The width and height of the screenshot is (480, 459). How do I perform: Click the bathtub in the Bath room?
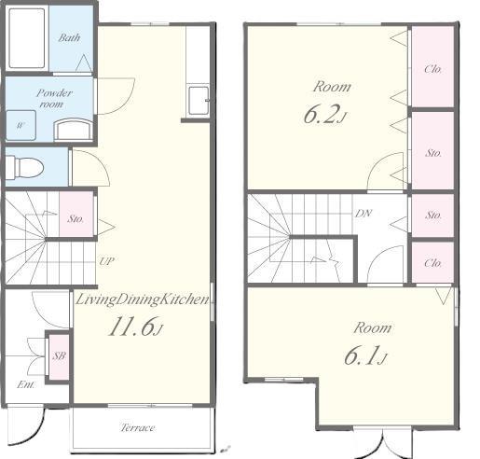(27, 38)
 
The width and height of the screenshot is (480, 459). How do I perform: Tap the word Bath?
(69, 38)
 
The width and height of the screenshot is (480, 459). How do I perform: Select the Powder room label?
(54, 98)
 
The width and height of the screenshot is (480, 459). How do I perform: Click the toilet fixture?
(24, 168)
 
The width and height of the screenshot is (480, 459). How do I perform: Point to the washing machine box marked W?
(21, 125)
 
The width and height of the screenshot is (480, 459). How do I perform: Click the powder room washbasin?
(74, 130)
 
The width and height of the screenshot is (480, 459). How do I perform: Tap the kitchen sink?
(198, 100)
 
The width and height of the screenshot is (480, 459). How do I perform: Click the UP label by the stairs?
(106, 261)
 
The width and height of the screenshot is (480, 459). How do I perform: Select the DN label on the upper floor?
(363, 214)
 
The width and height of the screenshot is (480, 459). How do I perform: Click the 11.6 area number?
(135, 327)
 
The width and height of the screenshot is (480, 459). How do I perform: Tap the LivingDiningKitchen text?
(143, 299)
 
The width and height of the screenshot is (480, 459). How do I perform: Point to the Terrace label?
(138, 427)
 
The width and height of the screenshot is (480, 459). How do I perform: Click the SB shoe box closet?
(59, 355)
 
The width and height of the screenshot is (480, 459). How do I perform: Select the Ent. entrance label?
(26, 384)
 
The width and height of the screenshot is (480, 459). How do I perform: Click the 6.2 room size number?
(324, 115)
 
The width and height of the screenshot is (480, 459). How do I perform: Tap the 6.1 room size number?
(365, 356)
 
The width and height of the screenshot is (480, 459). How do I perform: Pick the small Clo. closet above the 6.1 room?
(433, 263)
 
